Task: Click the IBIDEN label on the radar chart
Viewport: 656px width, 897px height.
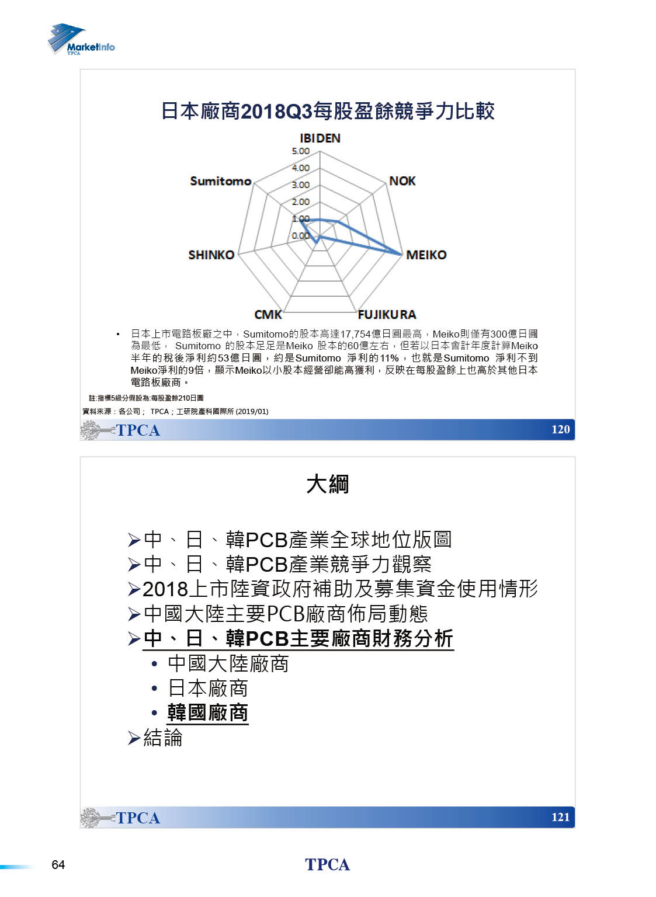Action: coord(320,138)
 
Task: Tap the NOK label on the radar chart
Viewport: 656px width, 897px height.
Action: coord(402,181)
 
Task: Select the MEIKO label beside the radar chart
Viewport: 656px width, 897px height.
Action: coord(426,255)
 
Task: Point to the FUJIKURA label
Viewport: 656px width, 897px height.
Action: coord(387,315)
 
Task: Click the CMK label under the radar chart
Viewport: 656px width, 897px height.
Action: coord(268,315)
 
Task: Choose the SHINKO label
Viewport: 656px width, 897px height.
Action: coord(211,255)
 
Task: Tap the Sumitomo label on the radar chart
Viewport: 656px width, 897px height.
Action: coord(220,181)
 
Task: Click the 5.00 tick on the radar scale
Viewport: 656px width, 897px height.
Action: coord(300,151)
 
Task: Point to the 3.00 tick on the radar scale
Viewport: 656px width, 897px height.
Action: coord(300,185)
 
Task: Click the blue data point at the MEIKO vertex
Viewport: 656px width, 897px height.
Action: coord(402,253)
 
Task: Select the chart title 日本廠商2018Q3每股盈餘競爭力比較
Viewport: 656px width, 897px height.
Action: coord(327,111)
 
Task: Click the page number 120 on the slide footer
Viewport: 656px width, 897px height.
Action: coord(560,429)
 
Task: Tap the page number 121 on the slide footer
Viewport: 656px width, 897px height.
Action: coord(560,817)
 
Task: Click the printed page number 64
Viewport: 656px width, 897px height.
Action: coord(58,865)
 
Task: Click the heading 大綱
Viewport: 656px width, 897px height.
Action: coord(327,484)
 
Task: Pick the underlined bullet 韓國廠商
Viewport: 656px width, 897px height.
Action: coord(207,713)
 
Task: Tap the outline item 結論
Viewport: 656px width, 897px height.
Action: coord(162,738)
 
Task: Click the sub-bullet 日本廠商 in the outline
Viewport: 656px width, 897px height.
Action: coord(207,689)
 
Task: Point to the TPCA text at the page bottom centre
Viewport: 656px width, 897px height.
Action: coord(327,865)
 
